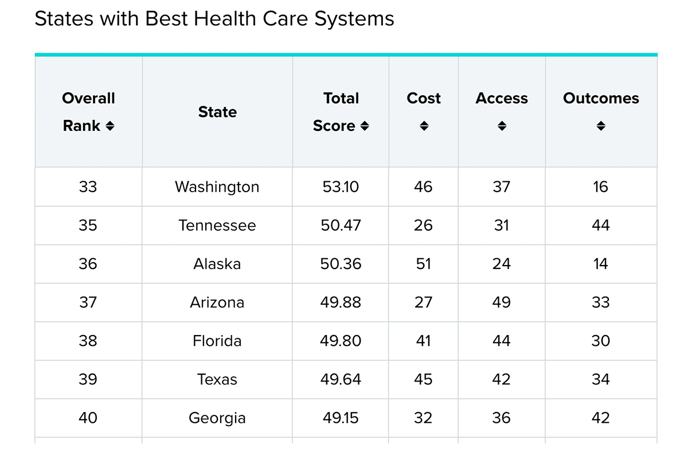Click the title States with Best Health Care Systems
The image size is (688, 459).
(214, 19)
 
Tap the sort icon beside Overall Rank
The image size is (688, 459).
(110, 126)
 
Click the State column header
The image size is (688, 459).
(217, 112)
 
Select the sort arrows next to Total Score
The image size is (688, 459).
(364, 126)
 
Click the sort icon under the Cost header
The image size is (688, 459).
(424, 126)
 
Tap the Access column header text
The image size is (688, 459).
(502, 99)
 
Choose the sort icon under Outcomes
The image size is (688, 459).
(600, 126)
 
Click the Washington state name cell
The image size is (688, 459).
(217, 187)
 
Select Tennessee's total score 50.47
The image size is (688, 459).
(341, 225)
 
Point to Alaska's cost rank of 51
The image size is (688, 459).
(423, 264)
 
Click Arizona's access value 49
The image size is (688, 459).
(501, 302)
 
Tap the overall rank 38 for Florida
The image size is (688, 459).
(88, 341)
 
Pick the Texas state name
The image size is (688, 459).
(217, 379)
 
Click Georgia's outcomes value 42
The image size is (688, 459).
(600, 418)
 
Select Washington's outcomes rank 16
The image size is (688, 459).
(600, 187)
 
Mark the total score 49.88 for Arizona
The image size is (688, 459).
(341, 302)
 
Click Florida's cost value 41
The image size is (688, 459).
(423, 341)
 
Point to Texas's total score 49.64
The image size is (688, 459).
(341, 379)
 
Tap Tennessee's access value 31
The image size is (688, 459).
(501, 225)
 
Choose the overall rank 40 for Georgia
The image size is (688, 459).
(88, 418)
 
